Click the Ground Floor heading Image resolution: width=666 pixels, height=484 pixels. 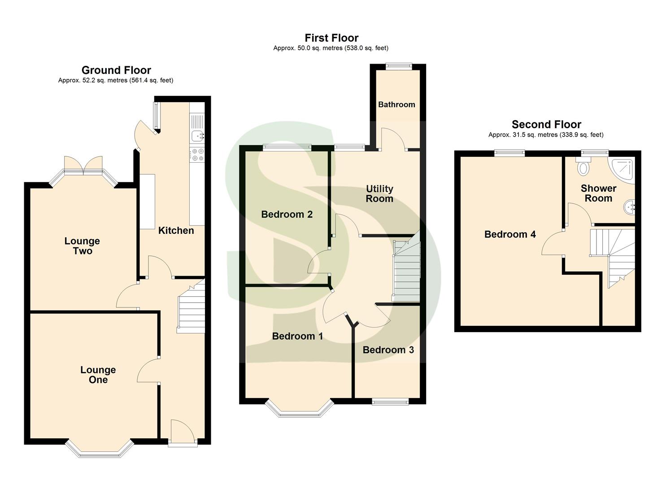(x=116, y=70)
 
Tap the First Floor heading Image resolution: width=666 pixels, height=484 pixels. (x=331, y=38)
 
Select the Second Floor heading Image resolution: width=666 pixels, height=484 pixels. (x=546, y=125)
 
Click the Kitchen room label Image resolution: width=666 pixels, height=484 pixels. (x=176, y=231)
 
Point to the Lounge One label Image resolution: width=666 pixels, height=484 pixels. (x=98, y=375)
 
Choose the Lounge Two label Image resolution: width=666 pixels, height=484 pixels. (x=82, y=246)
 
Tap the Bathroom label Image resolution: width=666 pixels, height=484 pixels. (x=396, y=104)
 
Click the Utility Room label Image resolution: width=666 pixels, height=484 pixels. (x=379, y=194)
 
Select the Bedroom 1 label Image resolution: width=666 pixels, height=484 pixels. (x=297, y=336)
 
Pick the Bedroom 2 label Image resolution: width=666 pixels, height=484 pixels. (x=287, y=215)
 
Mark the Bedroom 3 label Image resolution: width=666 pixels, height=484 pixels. (x=388, y=350)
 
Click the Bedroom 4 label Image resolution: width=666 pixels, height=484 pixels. (x=510, y=234)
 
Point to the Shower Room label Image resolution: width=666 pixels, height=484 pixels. (x=598, y=193)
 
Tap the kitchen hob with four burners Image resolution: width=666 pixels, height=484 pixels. (x=197, y=155)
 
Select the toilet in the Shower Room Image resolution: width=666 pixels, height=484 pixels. (x=583, y=167)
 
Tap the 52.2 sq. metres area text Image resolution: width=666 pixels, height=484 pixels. (x=115, y=81)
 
